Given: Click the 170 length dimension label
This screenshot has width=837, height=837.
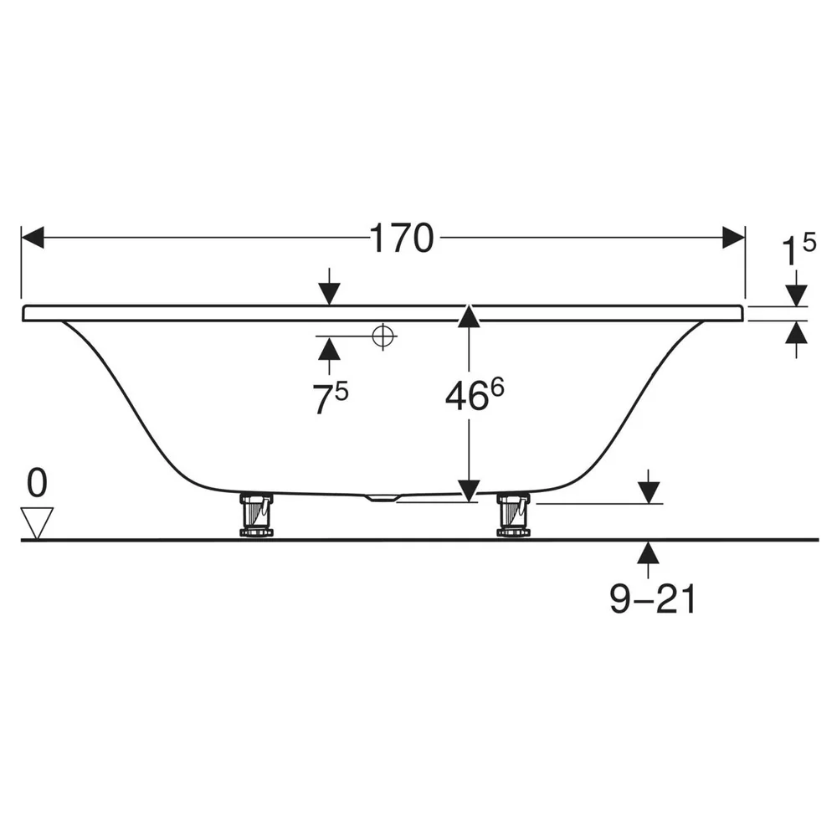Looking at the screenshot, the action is point(402,238).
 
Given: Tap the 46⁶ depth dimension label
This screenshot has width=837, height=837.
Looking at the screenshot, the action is point(475,394).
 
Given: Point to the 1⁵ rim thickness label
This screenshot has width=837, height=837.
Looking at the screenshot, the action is point(798,249).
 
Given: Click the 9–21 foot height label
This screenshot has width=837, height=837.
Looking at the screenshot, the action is point(653,598).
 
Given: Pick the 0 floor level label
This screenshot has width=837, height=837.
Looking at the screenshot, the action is point(37,483).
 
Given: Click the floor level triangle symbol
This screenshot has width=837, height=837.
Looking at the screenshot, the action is point(37,523).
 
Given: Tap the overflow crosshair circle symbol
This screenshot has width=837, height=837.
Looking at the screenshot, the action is point(383,336).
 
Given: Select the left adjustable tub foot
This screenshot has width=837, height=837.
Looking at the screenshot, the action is point(256,515).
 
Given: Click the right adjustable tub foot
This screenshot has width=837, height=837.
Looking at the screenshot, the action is point(514,515).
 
